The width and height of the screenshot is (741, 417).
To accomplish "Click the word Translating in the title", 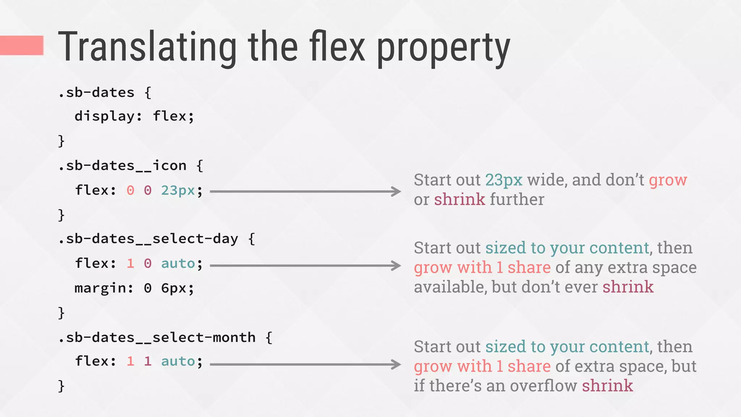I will tap(147, 47).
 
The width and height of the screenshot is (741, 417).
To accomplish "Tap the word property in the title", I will tap(443, 49).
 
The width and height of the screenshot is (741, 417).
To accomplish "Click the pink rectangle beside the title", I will tap(22, 45).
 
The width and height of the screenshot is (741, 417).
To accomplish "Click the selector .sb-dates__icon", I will tap(122, 166).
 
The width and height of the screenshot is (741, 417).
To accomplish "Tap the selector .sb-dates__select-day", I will tap(148, 239).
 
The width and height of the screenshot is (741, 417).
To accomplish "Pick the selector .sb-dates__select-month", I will tap(157, 338).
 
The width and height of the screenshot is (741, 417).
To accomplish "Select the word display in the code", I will tap(104, 116).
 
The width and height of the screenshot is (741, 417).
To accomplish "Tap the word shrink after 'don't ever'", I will tap(628, 287).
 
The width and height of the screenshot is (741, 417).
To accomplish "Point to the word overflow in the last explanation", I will tap(543, 386).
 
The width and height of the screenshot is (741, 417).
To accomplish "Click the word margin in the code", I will tap(100, 288).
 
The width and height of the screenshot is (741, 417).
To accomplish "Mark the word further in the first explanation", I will tap(517, 199).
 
